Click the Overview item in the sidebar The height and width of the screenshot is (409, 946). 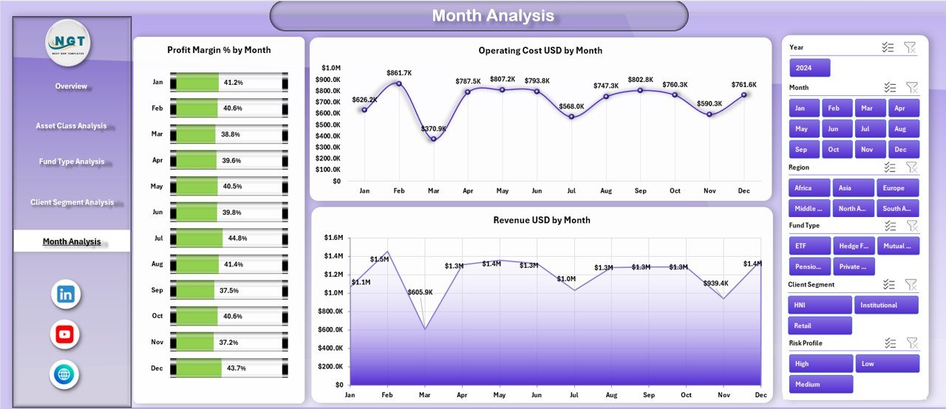[71, 86]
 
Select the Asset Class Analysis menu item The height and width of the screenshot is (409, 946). [71, 126]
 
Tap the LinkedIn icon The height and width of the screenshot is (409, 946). [65, 295]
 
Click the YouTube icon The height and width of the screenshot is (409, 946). [65, 334]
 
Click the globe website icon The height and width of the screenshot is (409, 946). [65, 375]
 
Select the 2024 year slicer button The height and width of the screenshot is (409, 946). [809, 68]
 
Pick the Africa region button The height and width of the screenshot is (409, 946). [809, 188]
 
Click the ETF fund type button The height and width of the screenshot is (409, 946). [809, 246]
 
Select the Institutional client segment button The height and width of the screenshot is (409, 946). [886, 305]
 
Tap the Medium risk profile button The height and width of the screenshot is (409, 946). [820, 384]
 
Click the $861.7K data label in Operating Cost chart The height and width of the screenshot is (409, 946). [399, 72]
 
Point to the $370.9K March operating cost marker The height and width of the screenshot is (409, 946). [433, 139]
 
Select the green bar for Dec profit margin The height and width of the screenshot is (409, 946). [197, 368]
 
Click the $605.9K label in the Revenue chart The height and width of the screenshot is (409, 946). [420, 292]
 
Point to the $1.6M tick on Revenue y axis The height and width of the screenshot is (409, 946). [334, 238]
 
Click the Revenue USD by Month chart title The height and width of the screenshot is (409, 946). [541, 220]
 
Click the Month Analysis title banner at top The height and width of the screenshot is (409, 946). [493, 16]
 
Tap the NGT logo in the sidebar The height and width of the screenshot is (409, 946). [69, 43]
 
